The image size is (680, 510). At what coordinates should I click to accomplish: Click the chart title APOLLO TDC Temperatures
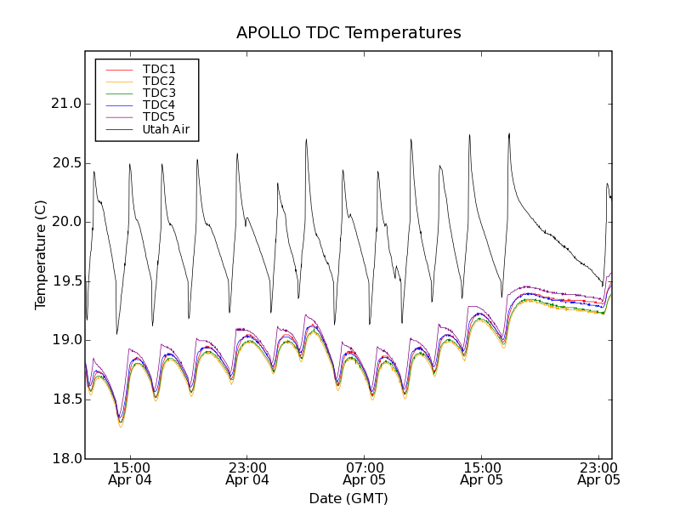tap(348, 33)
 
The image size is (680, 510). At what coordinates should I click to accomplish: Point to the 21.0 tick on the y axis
tap(65, 104)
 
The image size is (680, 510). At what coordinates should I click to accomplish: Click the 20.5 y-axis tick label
tap(65, 163)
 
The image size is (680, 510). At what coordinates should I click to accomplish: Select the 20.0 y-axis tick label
tap(65, 222)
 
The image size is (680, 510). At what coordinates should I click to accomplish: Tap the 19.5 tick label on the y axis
tap(65, 281)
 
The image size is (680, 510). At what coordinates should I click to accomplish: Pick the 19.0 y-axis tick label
tap(65, 340)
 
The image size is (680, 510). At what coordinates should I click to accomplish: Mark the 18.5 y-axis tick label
tap(65, 399)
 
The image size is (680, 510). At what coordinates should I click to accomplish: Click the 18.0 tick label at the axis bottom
tap(65, 459)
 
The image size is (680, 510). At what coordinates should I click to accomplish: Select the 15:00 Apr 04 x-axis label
tap(130, 473)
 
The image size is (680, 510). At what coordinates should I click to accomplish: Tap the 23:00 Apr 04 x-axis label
tap(247, 473)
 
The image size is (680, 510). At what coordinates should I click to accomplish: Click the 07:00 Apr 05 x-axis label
tap(365, 473)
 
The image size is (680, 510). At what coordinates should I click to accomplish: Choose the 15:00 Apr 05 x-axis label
tap(482, 473)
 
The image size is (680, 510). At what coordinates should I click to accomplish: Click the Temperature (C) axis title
tap(41, 255)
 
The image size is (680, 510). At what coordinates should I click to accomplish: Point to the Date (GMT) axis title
tap(348, 498)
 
